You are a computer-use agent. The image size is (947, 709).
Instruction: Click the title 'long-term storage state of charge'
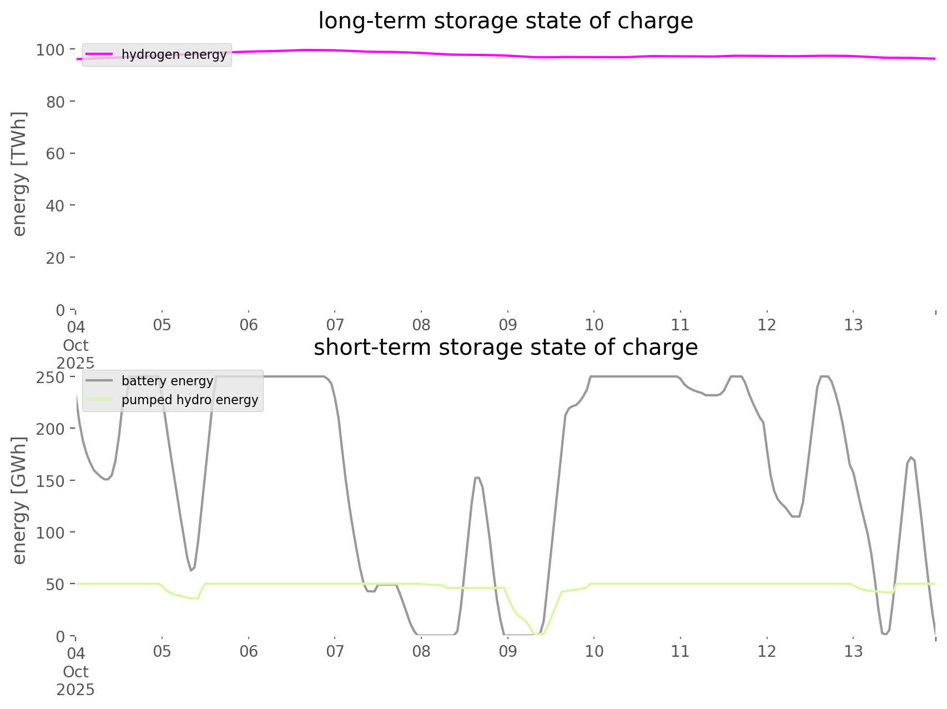pyautogui.click(x=505, y=21)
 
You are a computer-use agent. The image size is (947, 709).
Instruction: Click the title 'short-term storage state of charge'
pyautogui.click(x=505, y=348)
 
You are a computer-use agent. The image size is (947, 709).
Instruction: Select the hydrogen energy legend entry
pyautogui.click(x=174, y=54)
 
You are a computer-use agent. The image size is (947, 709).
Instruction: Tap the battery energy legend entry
pyautogui.click(x=167, y=381)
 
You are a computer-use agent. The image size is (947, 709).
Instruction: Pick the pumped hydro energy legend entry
pyautogui.click(x=190, y=400)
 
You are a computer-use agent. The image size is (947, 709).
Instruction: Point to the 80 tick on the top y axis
pyautogui.click(x=54, y=102)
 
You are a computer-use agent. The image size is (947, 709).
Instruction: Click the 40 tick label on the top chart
pyautogui.click(x=54, y=205)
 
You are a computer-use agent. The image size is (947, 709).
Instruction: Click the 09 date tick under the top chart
pyautogui.click(x=508, y=325)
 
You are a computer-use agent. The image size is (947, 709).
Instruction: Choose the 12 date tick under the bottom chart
pyautogui.click(x=767, y=651)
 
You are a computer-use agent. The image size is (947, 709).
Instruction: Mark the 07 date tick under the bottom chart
pyautogui.click(x=335, y=651)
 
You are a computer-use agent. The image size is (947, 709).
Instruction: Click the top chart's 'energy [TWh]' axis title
pyautogui.click(x=19, y=174)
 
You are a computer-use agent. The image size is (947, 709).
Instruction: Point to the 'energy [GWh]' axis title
pyautogui.click(x=19, y=500)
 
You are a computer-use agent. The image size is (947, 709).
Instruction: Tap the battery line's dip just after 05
pyautogui.click(x=191, y=570)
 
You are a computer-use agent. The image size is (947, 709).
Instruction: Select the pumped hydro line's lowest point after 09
pyautogui.click(x=536, y=633)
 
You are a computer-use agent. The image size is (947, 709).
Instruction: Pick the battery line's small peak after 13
pyautogui.click(x=911, y=457)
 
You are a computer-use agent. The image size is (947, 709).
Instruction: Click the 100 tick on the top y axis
pyautogui.click(x=51, y=50)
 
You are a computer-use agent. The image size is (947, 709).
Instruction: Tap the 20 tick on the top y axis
pyautogui.click(x=54, y=258)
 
